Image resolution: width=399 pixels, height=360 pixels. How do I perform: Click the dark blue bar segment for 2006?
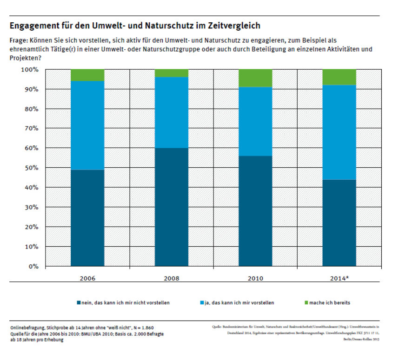coord(87,218)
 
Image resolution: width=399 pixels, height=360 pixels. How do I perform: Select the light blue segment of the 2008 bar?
coord(172,112)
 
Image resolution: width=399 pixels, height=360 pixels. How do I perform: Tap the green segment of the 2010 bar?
coord(255,78)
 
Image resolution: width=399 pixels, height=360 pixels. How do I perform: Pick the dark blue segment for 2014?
coord(339,223)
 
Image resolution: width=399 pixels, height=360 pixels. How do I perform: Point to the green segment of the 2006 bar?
coord(87,75)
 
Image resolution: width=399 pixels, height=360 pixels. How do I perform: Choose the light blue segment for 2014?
coord(339,132)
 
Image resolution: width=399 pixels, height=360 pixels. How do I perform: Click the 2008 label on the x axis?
coord(172,278)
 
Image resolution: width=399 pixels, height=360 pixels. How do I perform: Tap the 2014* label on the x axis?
coord(339,278)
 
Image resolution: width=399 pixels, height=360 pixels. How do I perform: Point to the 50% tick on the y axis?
coord(30,168)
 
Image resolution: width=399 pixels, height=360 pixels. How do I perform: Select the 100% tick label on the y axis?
coord(29,70)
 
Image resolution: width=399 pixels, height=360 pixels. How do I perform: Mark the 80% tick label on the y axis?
coord(30,109)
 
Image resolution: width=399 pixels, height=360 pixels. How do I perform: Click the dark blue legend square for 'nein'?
coord(79,303)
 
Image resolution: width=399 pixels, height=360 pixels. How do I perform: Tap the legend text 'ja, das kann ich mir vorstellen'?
coord(240,303)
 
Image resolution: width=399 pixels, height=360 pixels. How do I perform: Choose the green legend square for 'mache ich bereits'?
coord(306,303)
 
